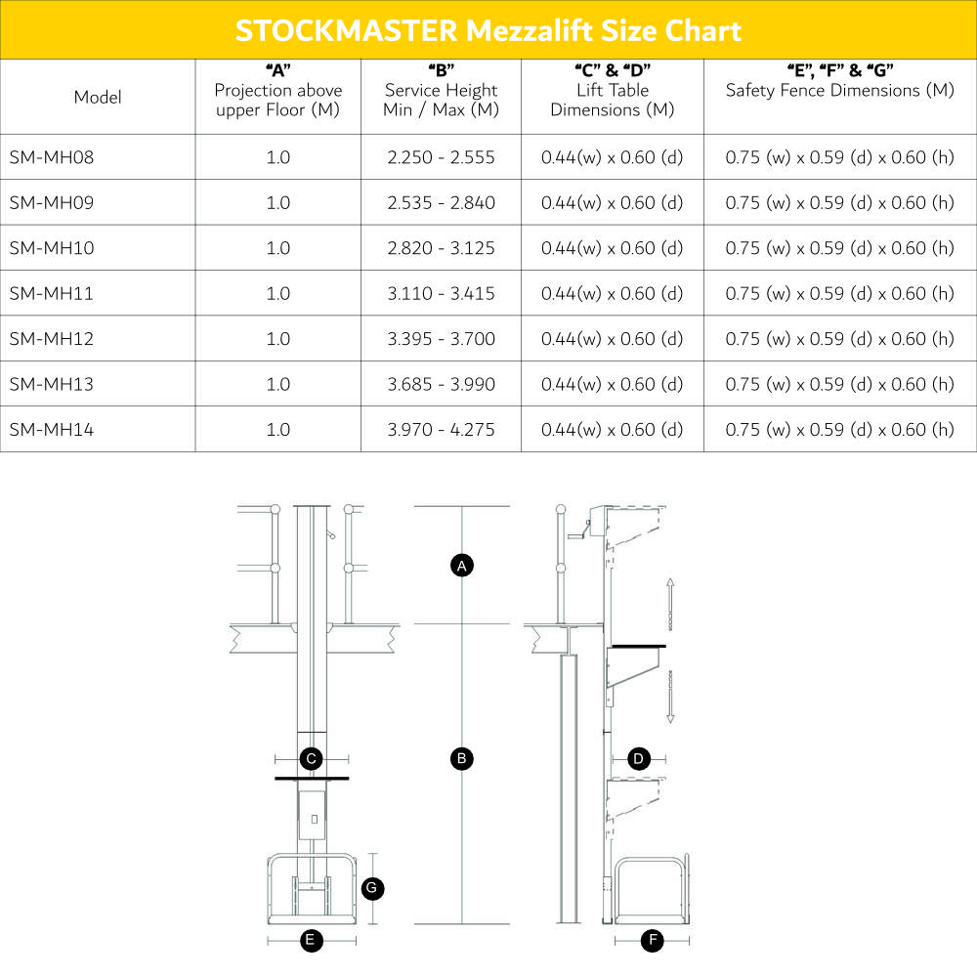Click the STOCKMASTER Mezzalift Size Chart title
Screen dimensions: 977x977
point(488,29)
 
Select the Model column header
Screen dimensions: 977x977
point(98,97)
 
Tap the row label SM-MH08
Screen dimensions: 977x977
point(52,157)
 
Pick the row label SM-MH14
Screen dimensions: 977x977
point(52,429)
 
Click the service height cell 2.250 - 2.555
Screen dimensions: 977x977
point(441,157)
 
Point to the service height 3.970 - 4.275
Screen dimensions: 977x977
point(441,429)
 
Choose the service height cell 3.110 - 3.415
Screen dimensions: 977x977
point(441,293)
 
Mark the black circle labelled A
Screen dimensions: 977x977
point(462,565)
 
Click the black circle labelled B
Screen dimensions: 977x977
point(462,758)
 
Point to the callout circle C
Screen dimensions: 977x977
point(311,758)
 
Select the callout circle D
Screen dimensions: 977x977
point(638,758)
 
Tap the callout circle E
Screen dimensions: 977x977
point(310,941)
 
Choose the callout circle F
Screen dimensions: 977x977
point(653,941)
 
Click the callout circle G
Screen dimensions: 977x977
point(371,888)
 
